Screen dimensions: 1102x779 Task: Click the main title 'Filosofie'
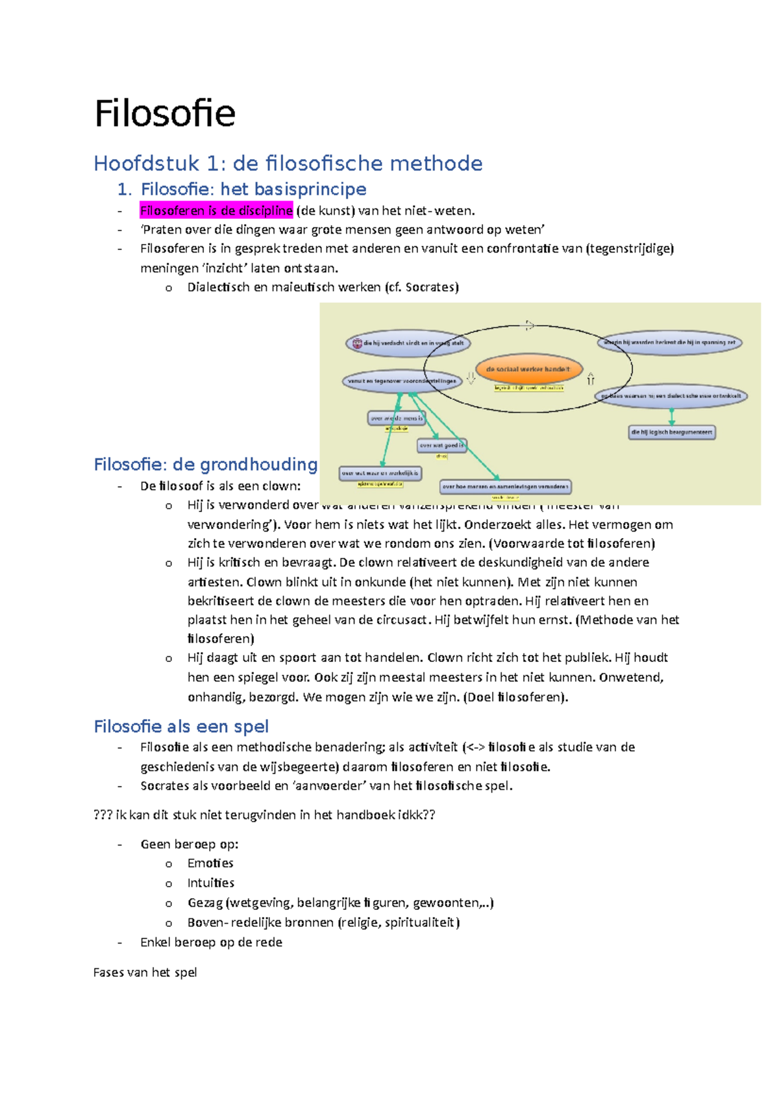[164, 114]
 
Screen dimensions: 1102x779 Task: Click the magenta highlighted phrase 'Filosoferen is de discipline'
[216, 210]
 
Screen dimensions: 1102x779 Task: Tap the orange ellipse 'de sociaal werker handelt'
[528, 369]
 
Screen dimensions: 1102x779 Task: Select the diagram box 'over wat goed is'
[441, 445]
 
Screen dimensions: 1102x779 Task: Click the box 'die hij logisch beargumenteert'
[671, 432]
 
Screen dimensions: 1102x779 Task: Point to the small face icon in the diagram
[357, 343]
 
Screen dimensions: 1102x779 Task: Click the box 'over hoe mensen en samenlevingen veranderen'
[505, 486]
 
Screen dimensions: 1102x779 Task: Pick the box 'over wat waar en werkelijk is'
[380, 474]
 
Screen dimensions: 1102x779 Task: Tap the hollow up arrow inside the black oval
[591, 378]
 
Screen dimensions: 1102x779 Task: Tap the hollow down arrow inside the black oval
[471, 378]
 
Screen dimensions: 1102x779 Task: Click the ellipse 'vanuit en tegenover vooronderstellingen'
[402, 381]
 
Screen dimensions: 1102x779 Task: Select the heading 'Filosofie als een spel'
[181, 726]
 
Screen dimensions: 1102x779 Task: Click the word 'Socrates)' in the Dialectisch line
[432, 287]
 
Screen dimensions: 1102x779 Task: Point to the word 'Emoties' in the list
[210, 863]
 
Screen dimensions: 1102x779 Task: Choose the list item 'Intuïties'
[210, 883]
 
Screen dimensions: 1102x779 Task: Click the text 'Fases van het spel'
[145, 972]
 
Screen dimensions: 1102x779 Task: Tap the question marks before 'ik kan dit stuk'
[103, 814]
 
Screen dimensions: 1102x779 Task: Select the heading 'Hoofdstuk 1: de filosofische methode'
[288, 163]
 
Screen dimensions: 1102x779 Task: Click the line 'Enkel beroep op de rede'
[211, 942]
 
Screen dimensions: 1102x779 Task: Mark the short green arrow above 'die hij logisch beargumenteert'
[672, 416]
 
